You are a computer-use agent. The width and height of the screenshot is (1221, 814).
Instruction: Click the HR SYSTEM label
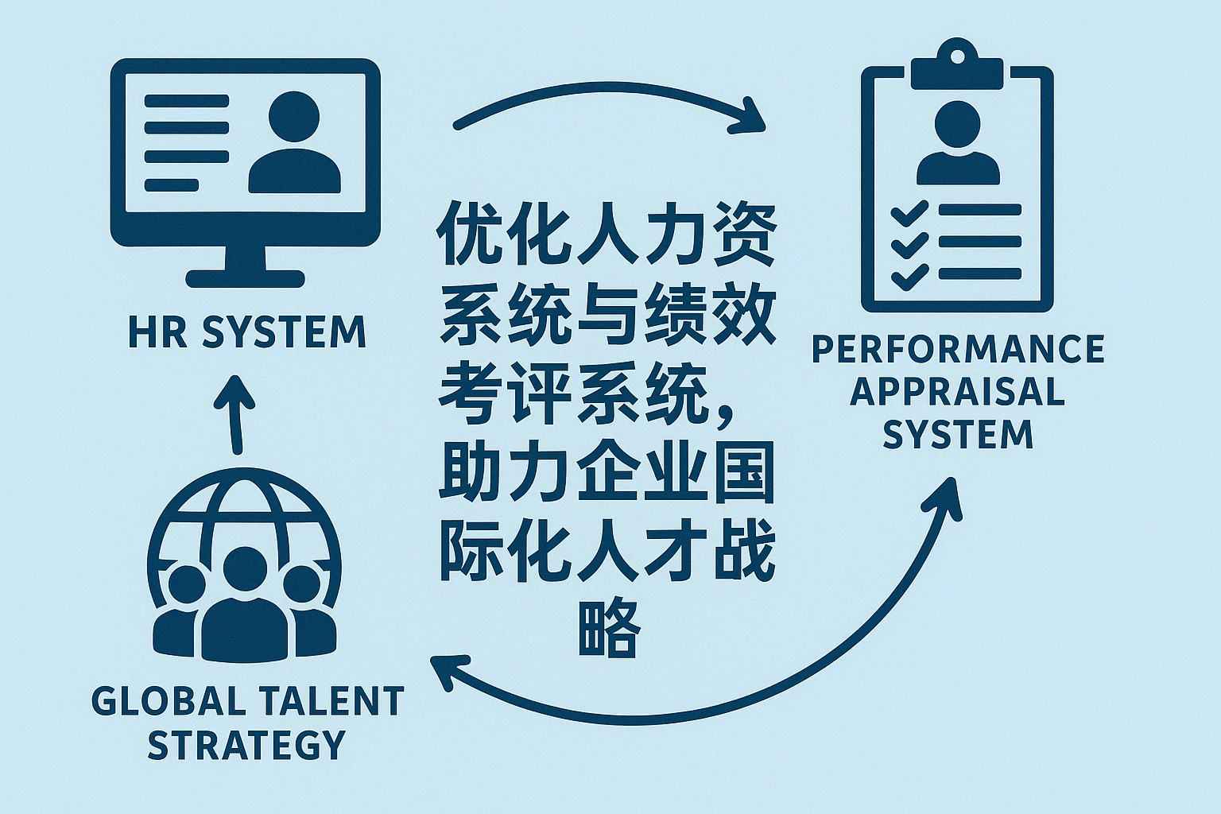(x=247, y=332)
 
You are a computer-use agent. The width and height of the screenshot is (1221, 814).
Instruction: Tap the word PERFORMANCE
(x=958, y=350)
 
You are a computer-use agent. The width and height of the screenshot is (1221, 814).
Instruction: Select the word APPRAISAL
(x=958, y=392)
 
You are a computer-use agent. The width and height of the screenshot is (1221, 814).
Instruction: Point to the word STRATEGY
(x=247, y=745)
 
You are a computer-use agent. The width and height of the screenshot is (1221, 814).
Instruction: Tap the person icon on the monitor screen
(x=294, y=143)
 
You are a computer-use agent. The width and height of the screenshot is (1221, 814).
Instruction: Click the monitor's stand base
(x=246, y=278)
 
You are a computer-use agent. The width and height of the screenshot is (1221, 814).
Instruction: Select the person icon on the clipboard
(x=958, y=143)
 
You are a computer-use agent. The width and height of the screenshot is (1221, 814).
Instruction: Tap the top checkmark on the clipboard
(x=908, y=213)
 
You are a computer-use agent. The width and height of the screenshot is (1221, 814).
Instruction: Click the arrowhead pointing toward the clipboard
(x=751, y=118)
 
